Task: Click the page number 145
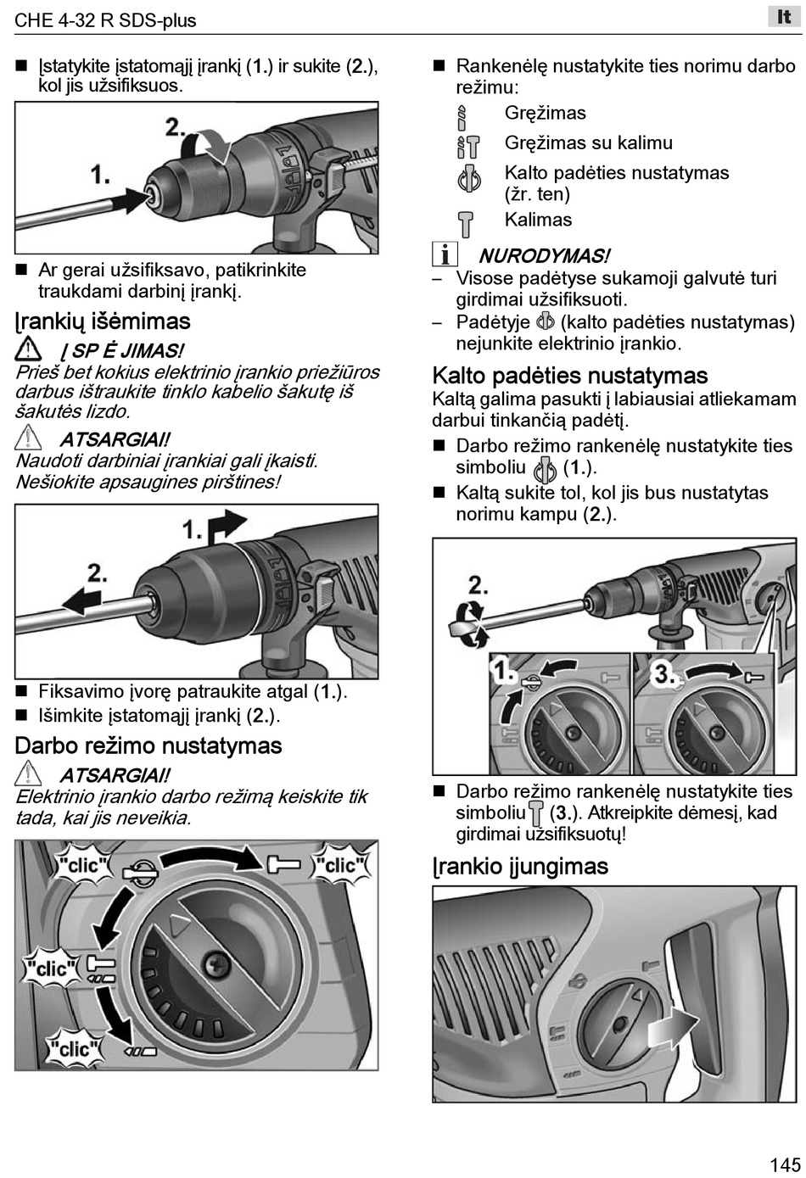click(x=785, y=1163)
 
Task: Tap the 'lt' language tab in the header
click(x=783, y=16)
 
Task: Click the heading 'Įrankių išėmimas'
click(x=103, y=321)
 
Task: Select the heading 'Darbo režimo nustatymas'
click(x=148, y=746)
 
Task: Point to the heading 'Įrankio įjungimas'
click(x=520, y=867)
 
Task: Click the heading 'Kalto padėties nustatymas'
click(x=569, y=376)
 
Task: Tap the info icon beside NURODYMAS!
click(x=445, y=254)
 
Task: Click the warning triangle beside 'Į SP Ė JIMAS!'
click(x=28, y=349)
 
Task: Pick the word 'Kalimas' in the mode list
click(x=538, y=220)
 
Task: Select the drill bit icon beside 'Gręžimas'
click(x=462, y=116)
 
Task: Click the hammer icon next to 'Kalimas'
click(x=466, y=224)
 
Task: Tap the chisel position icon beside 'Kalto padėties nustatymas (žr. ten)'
click(x=469, y=179)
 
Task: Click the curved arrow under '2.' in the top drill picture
click(x=213, y=148)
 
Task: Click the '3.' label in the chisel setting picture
click(x=663, y=674)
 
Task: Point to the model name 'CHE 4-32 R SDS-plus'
click(x=105, y=20)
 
